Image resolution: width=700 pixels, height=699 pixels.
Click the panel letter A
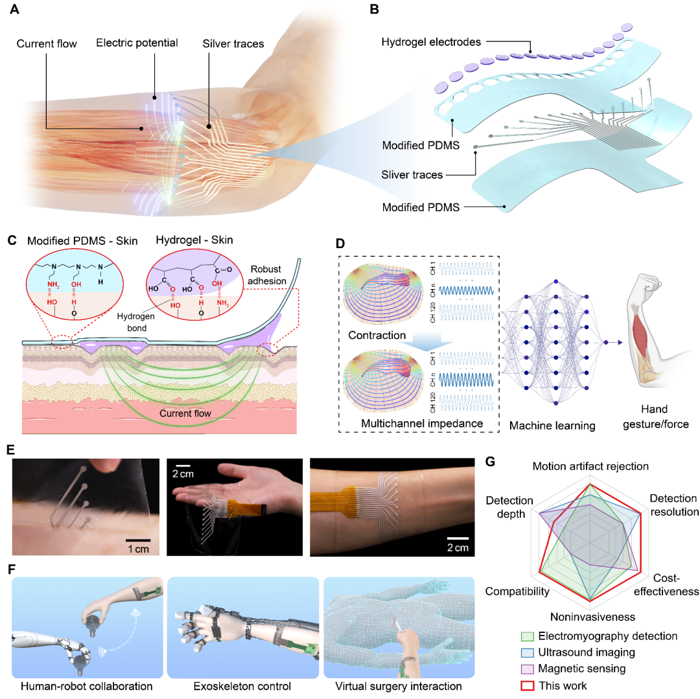pos(14,9)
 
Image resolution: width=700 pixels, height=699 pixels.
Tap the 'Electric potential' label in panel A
pos(137,43)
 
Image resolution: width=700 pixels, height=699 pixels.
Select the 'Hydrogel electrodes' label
pos(431,42)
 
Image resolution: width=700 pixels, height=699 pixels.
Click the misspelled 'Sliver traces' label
pos(412,175)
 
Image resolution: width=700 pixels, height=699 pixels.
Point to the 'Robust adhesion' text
pos(267,275)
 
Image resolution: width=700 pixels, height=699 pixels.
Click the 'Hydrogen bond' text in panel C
pos(136,322)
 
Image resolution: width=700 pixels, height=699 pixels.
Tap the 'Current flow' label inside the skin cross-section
pos(185,413)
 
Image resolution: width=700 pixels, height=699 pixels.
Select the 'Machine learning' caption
pos(552,426)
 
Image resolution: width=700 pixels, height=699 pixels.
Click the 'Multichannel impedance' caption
pos(422,423)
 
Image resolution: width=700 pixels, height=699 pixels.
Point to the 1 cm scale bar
pos(138,541)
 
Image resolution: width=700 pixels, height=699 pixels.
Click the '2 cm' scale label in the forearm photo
pos(458,547)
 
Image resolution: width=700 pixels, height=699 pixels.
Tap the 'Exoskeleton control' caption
pos(242,686)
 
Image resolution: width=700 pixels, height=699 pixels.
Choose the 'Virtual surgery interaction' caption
pos(399,686)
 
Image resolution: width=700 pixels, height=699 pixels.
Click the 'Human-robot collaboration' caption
pos(87,686)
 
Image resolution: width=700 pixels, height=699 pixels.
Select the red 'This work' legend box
pos(528,685)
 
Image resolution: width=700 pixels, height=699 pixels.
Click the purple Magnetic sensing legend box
pos(528,669)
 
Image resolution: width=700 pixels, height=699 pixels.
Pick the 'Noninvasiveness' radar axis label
pos(592,617)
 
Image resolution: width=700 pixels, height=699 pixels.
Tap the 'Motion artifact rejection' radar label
pos(590,466)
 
